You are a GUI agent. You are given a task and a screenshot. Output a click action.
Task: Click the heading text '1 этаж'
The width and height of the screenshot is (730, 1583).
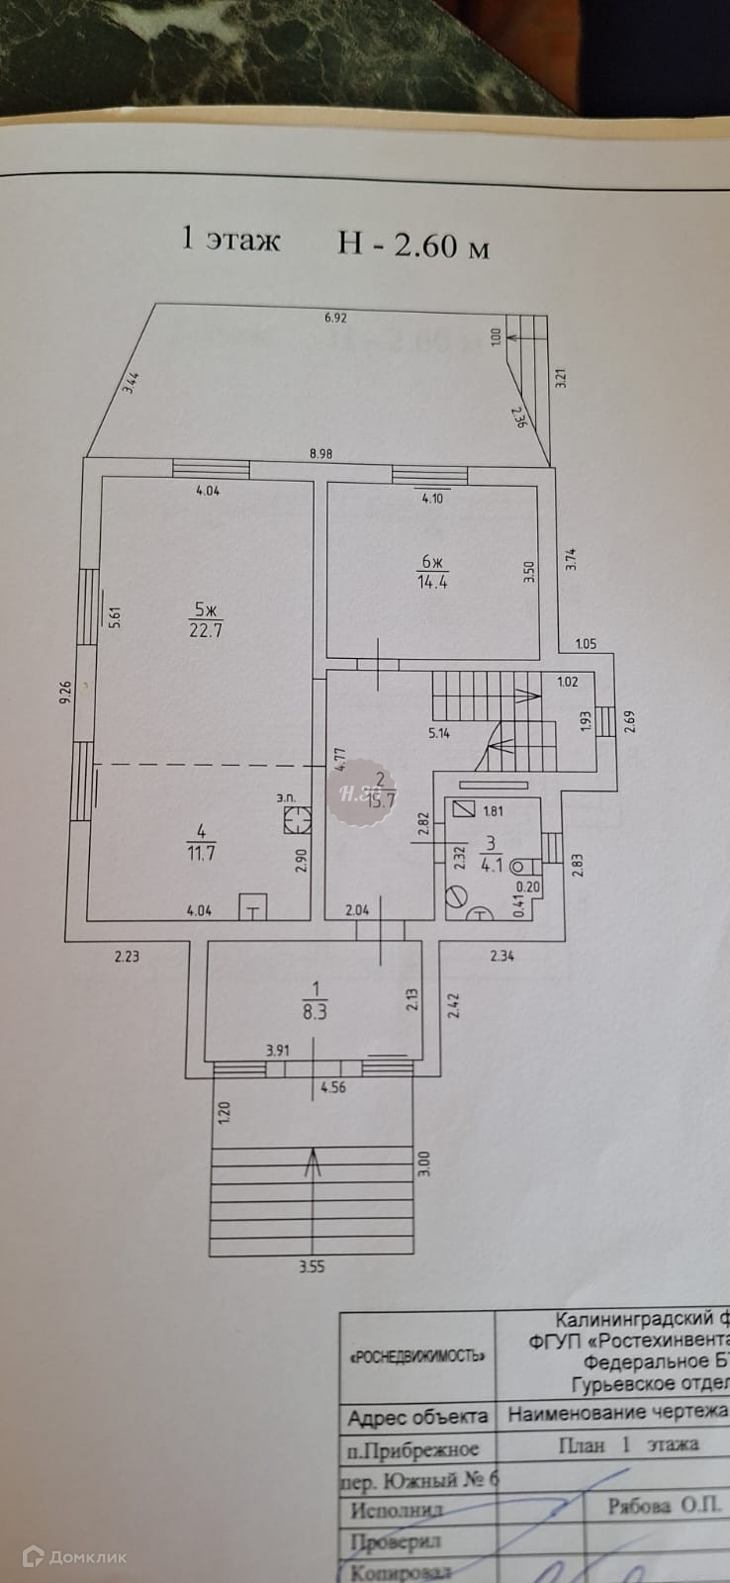(231, 240)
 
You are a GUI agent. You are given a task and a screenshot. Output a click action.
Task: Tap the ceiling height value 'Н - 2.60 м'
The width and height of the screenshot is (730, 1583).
(413, 243)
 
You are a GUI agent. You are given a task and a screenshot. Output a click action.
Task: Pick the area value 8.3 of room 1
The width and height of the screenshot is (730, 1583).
(316, 1013)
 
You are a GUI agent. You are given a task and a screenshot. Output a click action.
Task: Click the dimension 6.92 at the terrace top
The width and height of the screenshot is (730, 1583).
(338, 319)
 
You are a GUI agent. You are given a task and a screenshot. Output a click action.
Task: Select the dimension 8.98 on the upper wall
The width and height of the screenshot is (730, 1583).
(320, 454)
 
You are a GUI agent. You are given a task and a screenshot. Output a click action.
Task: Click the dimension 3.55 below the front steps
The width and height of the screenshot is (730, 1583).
(312, 1266)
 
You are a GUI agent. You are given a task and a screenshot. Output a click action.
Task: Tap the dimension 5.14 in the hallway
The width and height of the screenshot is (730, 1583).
(439, 733)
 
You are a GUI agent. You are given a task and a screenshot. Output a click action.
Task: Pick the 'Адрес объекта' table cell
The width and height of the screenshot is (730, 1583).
(417, 1418)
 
